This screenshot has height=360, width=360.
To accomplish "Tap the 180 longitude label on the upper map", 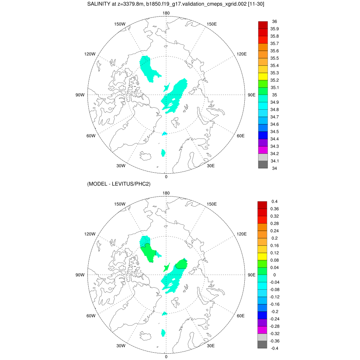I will [x=166, y=13].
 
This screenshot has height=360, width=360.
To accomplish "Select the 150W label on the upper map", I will [x=120, y=24].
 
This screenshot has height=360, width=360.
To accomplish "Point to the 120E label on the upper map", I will [x=242, y=54].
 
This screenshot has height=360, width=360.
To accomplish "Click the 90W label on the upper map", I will [x=80, y=95].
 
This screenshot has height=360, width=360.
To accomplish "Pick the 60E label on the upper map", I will [x=240, y=136].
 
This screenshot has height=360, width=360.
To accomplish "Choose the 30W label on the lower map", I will [x=121, y=346].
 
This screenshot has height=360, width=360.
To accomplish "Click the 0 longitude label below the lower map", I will [x=166, y=356].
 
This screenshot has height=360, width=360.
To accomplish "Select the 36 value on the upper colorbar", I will [x=275, y=21].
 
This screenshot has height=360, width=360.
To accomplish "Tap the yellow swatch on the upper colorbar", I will [x=263, y=77].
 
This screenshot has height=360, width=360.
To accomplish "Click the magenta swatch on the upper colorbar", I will [x=263, y=150].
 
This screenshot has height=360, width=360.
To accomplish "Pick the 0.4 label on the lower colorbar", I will [x=275, y=201].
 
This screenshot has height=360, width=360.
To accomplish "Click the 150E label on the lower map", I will [x=212, y=204].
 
